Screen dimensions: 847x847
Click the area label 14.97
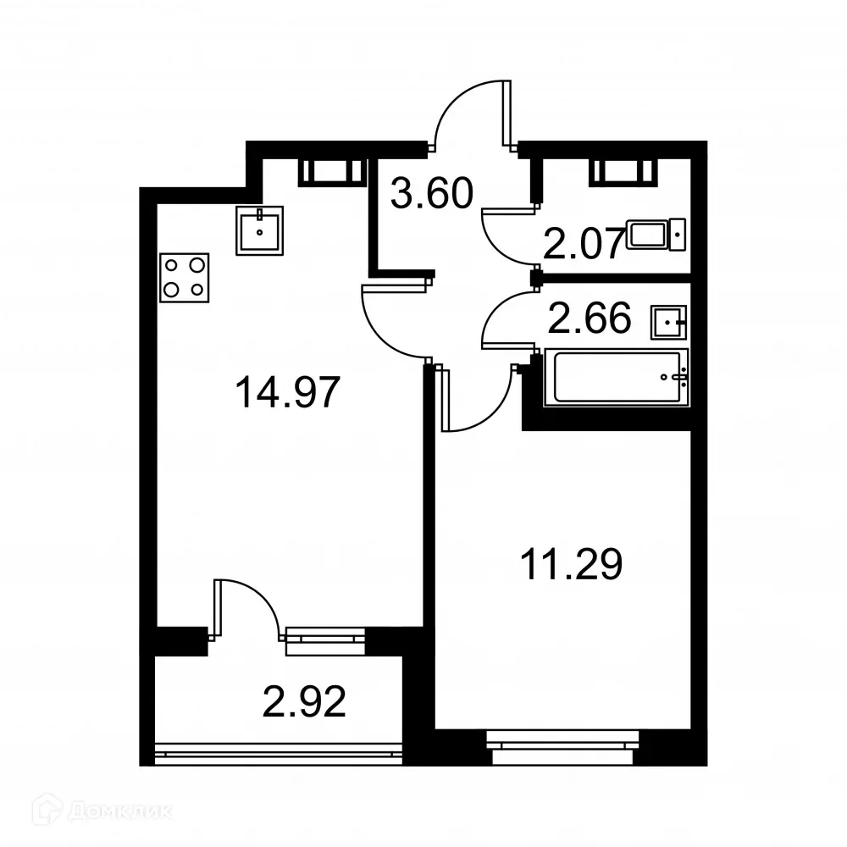pyautogui.click(x=289, y=393)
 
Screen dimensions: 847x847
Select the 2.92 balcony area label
pyautogui.click(x=306, y=702)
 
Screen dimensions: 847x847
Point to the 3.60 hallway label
pyautogui.click(x=430, y=195)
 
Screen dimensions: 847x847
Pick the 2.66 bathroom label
pyautogui.click(x=591, y=319)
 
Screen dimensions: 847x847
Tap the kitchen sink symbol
pyautogui.click(x=259, y=229)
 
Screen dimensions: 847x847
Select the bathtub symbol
pyautogui.click(x=616, y=377)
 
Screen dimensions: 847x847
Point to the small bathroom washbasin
pyautogui.click(x=669, y=321)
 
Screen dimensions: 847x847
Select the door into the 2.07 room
pyautogui.click(x=507, y=236)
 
